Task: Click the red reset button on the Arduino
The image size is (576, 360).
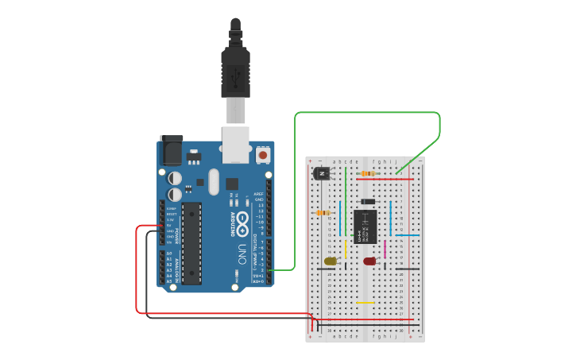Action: click(x=263, y=156)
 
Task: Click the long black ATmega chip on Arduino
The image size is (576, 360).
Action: click(x=191, y=243)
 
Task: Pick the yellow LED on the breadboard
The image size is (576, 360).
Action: click(x=331, y=261)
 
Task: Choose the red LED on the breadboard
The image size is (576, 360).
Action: click(x=369, y=261)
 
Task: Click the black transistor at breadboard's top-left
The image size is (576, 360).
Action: click(x=322, y=174)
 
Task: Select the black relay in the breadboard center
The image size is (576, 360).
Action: click(x=365, y=226)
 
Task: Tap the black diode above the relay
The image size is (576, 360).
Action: click(x=367, y=202)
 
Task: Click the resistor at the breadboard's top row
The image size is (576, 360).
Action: click(x=368, y=173)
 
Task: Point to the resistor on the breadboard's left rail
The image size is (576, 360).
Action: click(x=323, y=213)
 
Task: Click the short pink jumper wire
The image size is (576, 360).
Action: click(x=385, y=250)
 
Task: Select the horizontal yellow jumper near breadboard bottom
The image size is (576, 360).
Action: click(x=365, y=302)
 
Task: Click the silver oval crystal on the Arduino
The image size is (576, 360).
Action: click(x=212, y=182)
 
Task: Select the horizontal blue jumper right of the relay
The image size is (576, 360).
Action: click(x=408, y=235)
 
